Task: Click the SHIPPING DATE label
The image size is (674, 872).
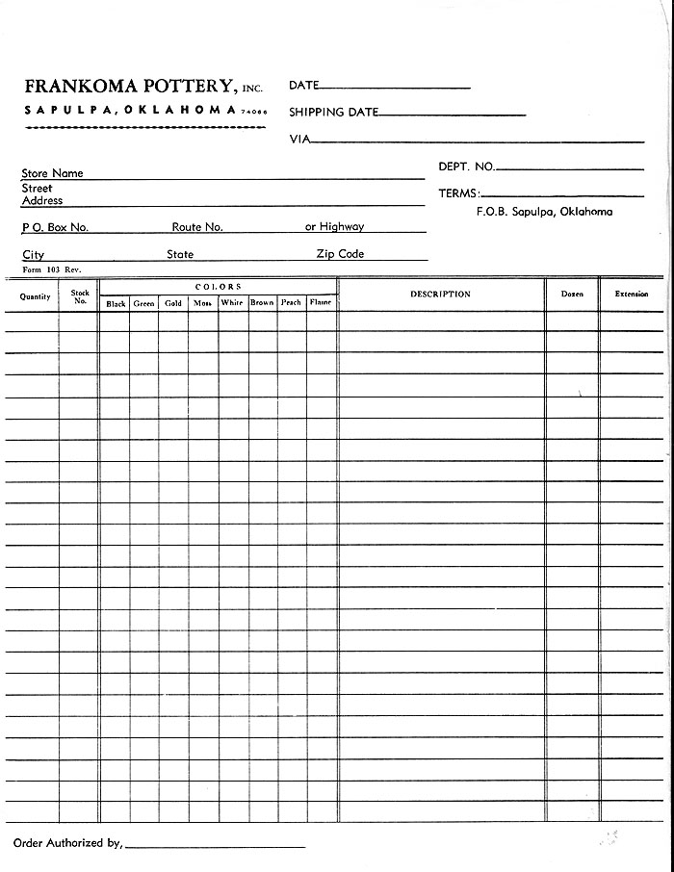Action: pos(333,113)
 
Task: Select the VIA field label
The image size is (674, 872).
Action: pos(298,140)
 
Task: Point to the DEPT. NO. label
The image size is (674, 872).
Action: pos(466,167)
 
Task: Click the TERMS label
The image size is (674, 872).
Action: pos(458,193)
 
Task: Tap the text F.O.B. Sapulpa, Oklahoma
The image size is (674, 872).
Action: pos(544,212)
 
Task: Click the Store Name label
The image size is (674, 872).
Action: pos(52,173)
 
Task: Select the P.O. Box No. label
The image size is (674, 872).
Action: pos(55,228)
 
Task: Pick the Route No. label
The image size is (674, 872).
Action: pos(197,227)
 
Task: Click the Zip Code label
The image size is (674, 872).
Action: pos(340,254)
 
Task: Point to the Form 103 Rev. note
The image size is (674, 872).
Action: pos(46,269)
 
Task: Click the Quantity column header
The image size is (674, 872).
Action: pos(36,296)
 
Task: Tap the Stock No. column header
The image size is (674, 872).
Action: pos(80,296)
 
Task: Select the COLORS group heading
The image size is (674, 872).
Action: pos(219,287)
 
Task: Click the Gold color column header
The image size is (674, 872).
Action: pos(173,303)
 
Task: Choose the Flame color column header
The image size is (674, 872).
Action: pos(321,303)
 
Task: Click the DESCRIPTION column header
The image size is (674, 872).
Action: pos(440,295)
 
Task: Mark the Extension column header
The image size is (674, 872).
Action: pos(632,295)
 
